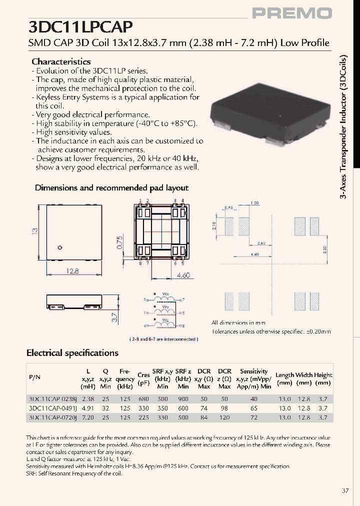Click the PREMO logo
click(x=291, y=13)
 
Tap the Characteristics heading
click(x=61, y=61)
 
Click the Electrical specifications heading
click(x=72, y=353)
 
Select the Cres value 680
click(x=143, y=399)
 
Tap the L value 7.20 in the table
click(x=88, y=417)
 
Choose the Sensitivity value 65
click(x=253, y=408)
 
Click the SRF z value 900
click(x=183, y=399)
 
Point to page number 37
click(x=345, y=490)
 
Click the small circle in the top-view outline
click(x=59, y=247)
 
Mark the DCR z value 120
click(x=224, y=417)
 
